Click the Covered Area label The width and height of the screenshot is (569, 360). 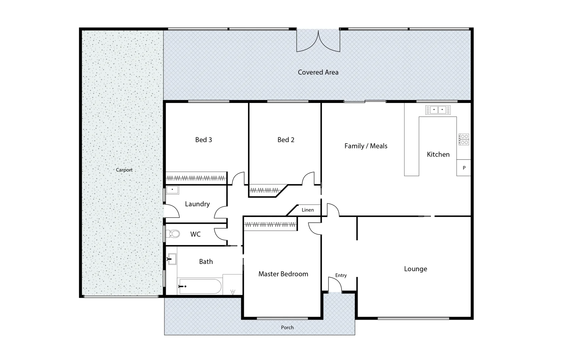(318, 72)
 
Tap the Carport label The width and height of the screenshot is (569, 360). (124, 170)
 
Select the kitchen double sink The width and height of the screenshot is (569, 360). (438, 110)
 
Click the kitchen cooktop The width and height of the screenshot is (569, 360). (464, 139)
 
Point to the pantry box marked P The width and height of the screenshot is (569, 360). (464, 168)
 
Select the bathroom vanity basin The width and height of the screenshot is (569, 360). (172, 259)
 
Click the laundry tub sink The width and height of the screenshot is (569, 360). (172, 190)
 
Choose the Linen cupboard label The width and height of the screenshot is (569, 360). (308, 210)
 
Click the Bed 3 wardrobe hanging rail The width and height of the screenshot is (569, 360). (196, 178)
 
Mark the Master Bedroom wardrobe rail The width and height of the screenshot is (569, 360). (270, 224)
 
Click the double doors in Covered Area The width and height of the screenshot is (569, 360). (319, 42)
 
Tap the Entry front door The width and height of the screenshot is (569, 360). (335, 285)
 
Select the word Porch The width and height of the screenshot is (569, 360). (287, 328)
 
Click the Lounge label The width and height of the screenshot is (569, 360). (415, 269)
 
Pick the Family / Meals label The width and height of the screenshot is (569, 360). (366, 146)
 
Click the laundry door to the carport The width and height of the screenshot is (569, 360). (171, 211)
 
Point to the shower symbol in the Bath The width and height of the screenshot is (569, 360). (233, 292)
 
